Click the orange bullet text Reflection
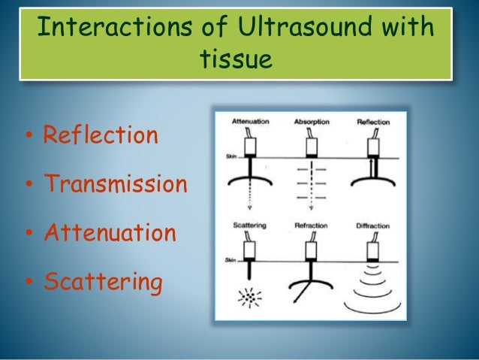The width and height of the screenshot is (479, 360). click(101, 136)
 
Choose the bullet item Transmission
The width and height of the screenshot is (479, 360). click(115, 184)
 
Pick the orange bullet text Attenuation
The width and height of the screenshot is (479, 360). click(110, 233)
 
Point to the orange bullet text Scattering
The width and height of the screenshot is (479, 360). click(103, 283)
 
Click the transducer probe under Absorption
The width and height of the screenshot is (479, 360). click(309, 143)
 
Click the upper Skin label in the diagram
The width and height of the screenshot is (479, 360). click(221, 156)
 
